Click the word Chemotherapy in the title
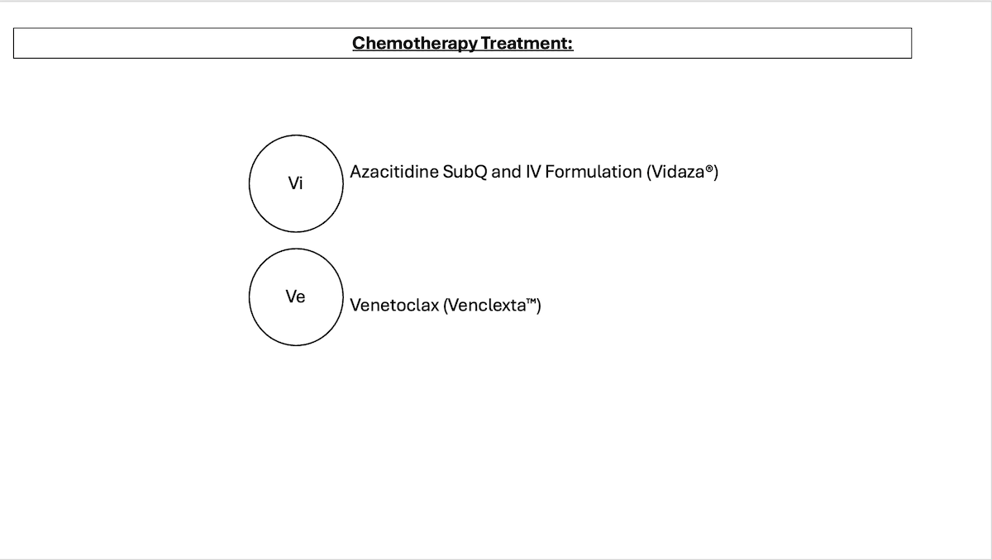point(415,44)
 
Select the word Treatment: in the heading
point(527,43)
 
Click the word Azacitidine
point(394,172)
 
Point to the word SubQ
point(465,172)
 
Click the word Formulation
point(594,172)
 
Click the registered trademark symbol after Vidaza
point(709,168)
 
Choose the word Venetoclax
point(394,306)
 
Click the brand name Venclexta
point(487,306)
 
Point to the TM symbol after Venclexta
point(531,301)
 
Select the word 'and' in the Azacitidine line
point(507,172)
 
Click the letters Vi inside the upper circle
point(295,183)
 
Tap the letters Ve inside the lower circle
point(295,297)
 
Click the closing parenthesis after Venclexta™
point(538,306)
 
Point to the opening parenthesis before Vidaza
point(649,172)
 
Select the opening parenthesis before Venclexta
point(446,306)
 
